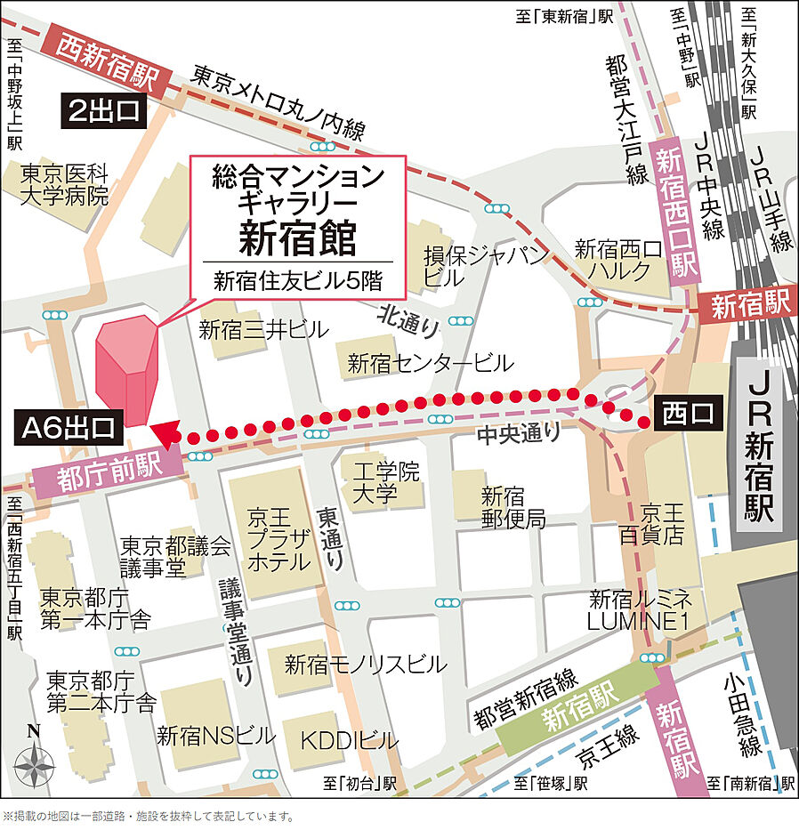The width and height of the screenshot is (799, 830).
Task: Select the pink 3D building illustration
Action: pyautogui.click(x=124, y=370)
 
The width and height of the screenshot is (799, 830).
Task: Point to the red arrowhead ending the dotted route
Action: pyautogui.click(x=164, y=433)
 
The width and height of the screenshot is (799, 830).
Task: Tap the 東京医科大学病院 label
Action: pyautogui.click(x=65, y=183)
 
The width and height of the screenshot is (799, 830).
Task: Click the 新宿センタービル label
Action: pyautogui.click(x=430, y=363)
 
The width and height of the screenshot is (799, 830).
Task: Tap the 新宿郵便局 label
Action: pyautogui.click(x=513, y=507)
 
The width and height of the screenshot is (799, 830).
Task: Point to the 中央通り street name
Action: pyautogui.click(x=519, y=434)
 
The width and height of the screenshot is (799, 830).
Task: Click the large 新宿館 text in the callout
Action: pyautogui.click(x=297, y=237)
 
